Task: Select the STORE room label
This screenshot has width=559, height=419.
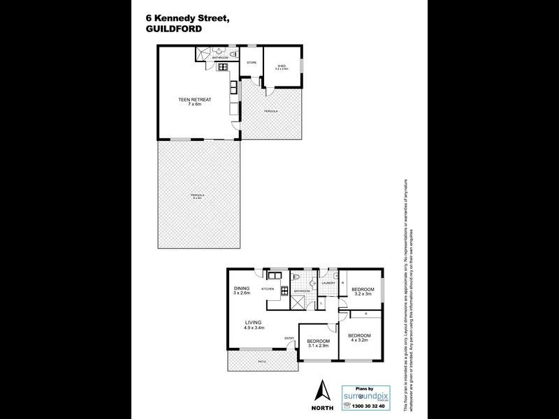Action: coord(252,64)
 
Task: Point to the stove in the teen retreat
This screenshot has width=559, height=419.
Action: coord(224,67)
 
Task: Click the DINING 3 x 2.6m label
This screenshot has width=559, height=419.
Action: coord(242,291)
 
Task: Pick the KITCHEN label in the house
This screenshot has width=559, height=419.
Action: coord(268,288)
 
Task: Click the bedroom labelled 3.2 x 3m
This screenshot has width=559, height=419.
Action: coord(363,292)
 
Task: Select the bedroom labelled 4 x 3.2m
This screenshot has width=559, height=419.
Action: coord(359,338)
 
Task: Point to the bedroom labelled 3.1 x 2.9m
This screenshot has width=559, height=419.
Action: coord(318,344)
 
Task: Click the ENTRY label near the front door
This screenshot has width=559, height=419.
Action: coord(289,339)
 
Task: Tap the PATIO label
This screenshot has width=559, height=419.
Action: coord(261,361)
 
